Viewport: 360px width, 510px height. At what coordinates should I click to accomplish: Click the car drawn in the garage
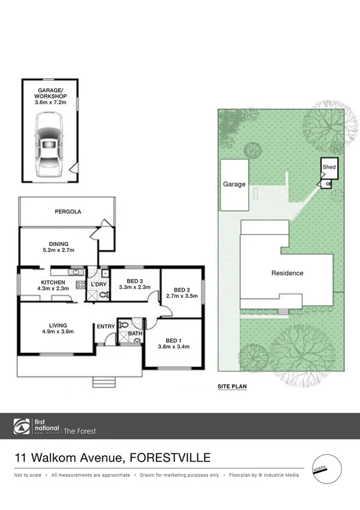click(x=49, y=145)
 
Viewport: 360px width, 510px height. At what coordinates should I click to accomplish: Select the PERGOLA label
click(x=67, y=212)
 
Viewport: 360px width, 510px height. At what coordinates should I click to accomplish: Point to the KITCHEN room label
click(x=53, y=285)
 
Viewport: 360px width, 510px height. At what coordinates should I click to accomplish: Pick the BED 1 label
click(x=173, y=342)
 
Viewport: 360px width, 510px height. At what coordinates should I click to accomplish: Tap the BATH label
click(x=135, y=333)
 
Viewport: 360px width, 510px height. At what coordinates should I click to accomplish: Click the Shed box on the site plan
click(x=329, y=167)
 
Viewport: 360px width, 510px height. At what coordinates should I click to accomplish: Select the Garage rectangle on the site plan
click(x=234, y=185)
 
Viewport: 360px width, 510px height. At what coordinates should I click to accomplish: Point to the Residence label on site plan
click(x=287, y=273)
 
